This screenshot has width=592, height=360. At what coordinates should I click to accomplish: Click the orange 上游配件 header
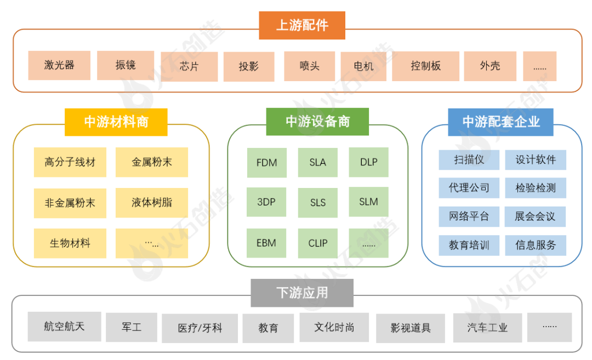pos(302,25)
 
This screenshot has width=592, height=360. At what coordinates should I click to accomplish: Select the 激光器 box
pos(59,65)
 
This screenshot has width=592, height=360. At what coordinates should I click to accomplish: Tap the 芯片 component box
pos(189,66)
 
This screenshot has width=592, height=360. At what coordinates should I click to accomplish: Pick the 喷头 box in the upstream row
pos(310,66)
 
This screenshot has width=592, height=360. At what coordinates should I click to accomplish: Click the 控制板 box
pos(425,66)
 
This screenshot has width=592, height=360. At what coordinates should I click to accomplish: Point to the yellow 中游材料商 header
pos(116,122)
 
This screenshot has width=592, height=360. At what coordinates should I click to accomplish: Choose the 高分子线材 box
pos(70,162)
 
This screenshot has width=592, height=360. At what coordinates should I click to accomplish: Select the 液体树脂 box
pos(152,203)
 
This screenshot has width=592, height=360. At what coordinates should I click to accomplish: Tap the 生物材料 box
pos(70,243)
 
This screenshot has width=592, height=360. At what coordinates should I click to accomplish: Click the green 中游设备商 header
pos(317,122)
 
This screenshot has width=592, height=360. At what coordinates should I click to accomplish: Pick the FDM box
pos(266,163)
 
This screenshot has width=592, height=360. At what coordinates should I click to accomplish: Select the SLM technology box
pos(368,202)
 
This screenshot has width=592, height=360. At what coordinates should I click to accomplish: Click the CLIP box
pos(318,243)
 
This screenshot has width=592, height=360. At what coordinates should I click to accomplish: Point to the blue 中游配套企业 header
pos(500,122)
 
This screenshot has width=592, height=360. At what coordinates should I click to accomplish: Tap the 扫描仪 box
pos(469,159)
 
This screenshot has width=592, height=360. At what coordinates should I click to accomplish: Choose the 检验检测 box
pos(536,188)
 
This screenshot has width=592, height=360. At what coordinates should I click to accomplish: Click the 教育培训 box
pos(469,245)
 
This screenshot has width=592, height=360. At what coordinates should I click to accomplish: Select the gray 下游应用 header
pos(302,293)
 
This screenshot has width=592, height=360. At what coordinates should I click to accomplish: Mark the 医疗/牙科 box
pos(200,328)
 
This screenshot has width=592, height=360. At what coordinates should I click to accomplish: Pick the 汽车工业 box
pos(487,328)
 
